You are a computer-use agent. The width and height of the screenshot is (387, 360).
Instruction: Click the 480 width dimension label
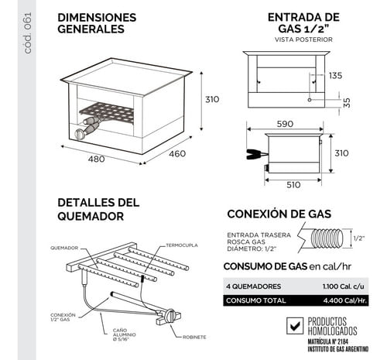tap(96, 159)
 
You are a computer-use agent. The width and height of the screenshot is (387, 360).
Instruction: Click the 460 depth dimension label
tap(177, 154)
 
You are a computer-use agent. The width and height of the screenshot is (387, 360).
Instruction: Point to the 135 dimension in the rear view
tap(335, 76)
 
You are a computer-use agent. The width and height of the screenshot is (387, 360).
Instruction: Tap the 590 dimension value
tap(285, 124)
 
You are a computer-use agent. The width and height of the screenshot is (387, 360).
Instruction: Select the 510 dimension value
tap(293, 185)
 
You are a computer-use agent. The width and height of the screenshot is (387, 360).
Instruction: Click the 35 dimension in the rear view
tap(348, 103)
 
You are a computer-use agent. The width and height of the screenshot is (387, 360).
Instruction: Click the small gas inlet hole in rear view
tap(310, 100)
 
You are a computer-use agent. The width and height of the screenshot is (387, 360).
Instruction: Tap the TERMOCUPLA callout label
tap(182, 245)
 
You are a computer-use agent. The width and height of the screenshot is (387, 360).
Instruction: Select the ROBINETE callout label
tap(194, 337)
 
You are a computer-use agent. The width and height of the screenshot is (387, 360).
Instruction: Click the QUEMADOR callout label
tap(64, 248)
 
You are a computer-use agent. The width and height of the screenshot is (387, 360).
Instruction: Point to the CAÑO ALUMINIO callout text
tap(125, 334)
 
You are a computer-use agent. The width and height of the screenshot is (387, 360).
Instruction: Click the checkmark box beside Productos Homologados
tap(295, 326)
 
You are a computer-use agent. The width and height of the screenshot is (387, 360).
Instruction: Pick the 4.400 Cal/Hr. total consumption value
tap(345, 300)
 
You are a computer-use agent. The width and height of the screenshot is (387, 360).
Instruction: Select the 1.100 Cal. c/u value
tap(344, 286)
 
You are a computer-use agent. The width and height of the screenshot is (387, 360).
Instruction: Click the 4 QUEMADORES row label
tap(254, 286)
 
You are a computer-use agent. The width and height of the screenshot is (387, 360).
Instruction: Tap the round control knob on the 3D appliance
tap(79, 134)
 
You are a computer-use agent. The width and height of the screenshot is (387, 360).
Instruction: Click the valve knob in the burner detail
tap(170, 316)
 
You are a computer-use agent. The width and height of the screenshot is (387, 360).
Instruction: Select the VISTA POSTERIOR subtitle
tap(303, 39)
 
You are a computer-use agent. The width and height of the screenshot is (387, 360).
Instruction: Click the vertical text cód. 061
tap(28, 33)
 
